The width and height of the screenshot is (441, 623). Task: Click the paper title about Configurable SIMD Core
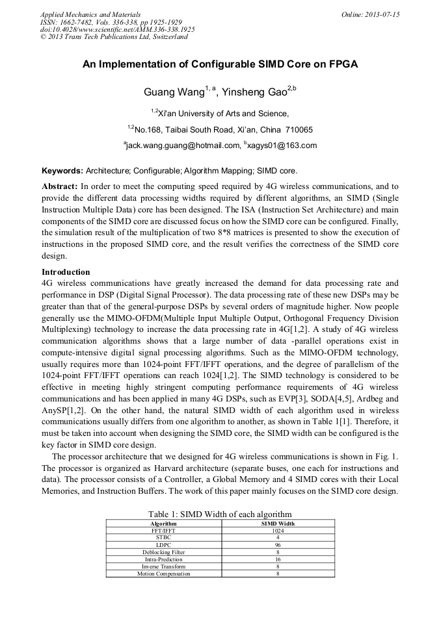point(220,65)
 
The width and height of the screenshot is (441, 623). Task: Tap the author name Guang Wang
point(174,92)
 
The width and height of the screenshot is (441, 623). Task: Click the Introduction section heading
point(66,272)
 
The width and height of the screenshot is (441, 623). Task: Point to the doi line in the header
point(117,30)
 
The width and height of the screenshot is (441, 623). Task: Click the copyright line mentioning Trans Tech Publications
point(114,37)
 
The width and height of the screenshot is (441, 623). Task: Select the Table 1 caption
point(220,514)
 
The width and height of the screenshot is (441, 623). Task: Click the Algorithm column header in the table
point(163,523)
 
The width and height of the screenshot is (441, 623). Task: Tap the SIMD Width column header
point(278,523)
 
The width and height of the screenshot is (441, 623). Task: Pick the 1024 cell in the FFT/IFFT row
point(278,530)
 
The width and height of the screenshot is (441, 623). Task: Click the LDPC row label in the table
point(163,544)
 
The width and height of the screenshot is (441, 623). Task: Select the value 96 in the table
point(278,544)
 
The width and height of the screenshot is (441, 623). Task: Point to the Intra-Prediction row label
point(163,559)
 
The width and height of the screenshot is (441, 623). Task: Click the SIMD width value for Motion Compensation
point(278,574)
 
